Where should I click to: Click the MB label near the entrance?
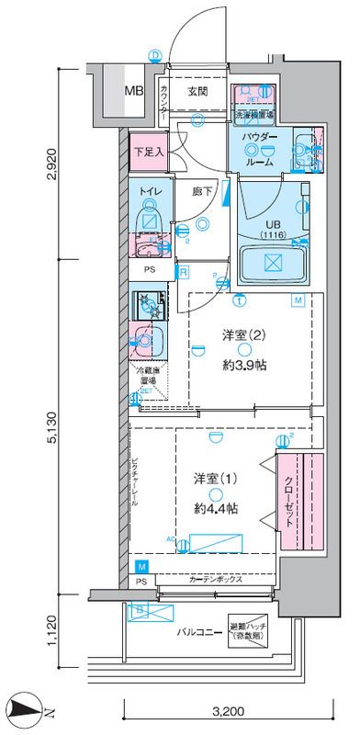pos(134,92)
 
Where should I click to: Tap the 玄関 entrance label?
pos(198,91)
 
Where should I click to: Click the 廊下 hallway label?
pos(203,192)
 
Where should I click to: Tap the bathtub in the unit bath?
pos(273,264)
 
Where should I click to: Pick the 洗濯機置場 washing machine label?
pos(256,117)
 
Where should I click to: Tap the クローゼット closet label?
pos(287,502)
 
